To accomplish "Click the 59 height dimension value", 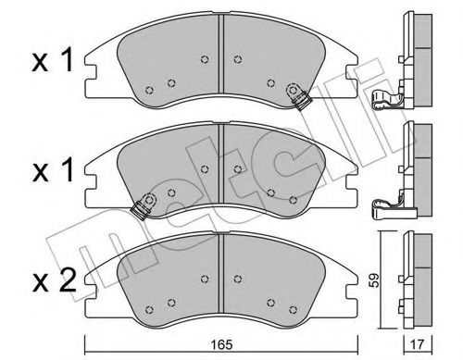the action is (373, 280).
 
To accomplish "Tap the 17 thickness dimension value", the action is (419, 344).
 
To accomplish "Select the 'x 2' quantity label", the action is (55, 280).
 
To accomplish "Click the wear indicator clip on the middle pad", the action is (144, 205).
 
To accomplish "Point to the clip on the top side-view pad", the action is (385, 99).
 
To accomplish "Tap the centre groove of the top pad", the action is (220, 54).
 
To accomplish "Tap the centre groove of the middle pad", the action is (220, 164).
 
